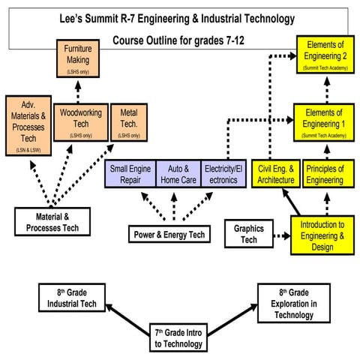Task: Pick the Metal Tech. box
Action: (128, 124)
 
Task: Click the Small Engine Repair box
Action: (130, 174)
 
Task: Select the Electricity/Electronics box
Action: (224, 174)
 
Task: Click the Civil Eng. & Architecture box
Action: (276, 174)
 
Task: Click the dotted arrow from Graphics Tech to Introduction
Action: (279, 235)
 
